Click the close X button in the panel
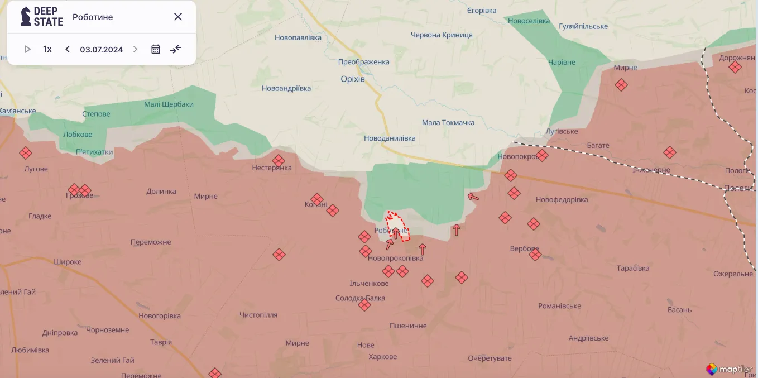pos(178,17)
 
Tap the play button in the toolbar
pos(27,49)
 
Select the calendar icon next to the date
pos(156,49)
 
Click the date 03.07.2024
pos(101,49)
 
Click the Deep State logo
pos(42,17)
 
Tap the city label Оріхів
pos(353,79)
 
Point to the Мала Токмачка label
pos(448,122)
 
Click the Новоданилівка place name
pos(390,138)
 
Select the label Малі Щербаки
pos(169,104)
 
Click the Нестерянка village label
pos(272,168)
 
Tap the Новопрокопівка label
pos(396,258)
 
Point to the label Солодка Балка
pos(360,298)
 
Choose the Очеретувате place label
pos(490,358)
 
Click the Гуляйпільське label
pos(583,26)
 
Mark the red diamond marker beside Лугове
pos(25,153)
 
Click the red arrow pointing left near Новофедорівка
pos(473,196)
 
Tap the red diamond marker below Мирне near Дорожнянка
pos(621,85)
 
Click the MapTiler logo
pos(730,369)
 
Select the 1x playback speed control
pos(47,49)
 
